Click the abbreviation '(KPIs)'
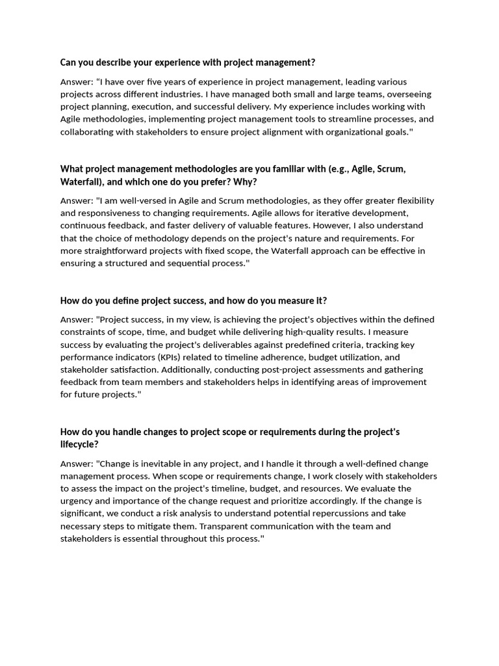[x=166, y=357]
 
